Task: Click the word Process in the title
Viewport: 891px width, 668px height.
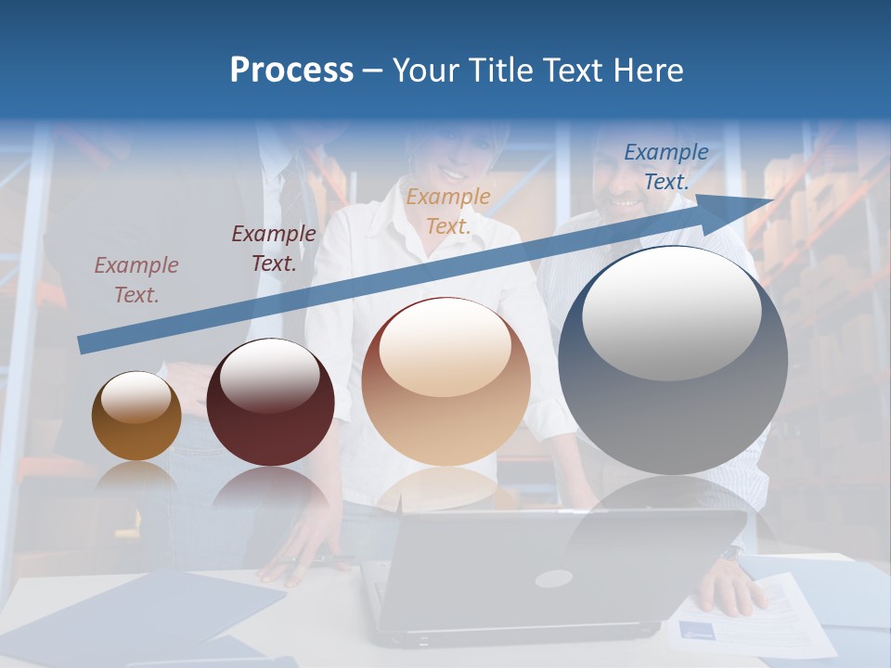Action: [x=291, y=71]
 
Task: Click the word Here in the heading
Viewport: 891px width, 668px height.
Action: [x=647, y=71]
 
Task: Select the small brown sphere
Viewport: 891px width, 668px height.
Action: [x=136, y=416]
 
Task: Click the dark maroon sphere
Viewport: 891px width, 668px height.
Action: [x=270, y=403]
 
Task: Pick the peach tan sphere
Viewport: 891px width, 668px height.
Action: [x=445, y=381]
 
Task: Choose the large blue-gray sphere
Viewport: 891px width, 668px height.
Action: [x=673, y=360]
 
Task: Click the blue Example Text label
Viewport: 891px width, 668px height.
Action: [x=665, y=167]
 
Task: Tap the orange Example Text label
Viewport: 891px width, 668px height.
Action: [x=448, y=212]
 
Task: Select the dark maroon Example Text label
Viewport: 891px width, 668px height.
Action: [x=274, y=249]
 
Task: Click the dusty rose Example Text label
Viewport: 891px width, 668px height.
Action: [x=136, y=280]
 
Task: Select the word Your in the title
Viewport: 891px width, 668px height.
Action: [x=425, y=71]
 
